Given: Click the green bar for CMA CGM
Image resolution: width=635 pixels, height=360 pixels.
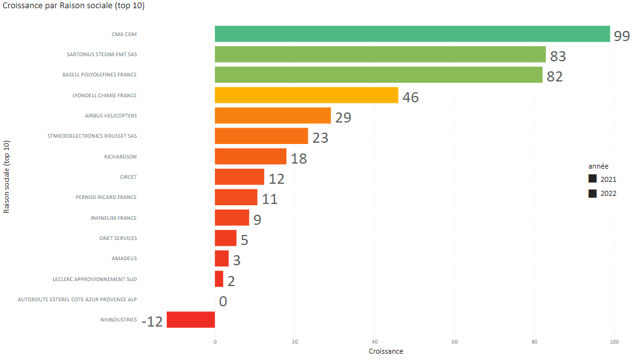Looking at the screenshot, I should tap(412, 34).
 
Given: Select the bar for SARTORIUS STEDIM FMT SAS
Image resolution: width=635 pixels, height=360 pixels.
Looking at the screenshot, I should tap(380, 54).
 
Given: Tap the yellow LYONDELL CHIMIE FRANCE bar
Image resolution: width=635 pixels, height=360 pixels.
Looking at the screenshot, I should tap(306, 95).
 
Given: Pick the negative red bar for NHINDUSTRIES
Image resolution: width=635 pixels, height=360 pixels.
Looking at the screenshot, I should tap(190, 320).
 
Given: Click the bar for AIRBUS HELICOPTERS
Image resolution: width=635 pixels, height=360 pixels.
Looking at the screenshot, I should tap(272, 116).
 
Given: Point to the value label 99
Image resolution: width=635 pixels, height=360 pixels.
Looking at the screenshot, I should tap(622, 36).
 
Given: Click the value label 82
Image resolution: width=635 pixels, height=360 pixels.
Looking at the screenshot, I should tap(554, 77).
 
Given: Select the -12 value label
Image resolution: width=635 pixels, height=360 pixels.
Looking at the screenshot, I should tap(152, 321).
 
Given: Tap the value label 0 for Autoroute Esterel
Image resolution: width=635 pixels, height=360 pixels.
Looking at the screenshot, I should tap(223, 301).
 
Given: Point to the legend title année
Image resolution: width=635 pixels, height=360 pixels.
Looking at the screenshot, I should tap(598, 165).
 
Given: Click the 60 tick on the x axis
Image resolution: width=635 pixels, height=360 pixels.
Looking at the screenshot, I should tap(454, 342).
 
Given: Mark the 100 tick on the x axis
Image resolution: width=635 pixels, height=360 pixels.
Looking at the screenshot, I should tap(614, 342).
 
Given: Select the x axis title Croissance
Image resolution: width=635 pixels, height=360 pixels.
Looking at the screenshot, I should tap(385, 351).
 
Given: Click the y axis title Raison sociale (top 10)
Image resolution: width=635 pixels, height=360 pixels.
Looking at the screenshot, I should tap(6, 177).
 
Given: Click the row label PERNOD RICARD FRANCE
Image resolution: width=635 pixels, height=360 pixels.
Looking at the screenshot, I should tap(106, 197).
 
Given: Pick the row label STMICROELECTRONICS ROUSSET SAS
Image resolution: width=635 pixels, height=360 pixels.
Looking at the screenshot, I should tap(92, 136).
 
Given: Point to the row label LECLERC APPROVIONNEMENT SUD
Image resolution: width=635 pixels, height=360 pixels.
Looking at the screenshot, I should tap(95, 279).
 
